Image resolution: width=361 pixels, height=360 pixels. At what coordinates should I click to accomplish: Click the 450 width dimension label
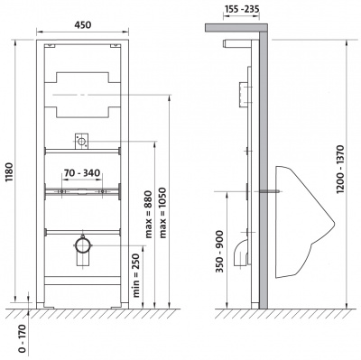point(82,25)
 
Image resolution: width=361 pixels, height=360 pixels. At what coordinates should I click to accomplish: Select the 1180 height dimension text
point(9,172)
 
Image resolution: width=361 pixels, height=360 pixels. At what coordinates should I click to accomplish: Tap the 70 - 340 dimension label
point(82,173)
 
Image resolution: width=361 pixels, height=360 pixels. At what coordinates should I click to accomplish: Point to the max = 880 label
point(149,214)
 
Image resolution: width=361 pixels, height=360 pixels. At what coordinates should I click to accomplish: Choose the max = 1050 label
point(162,213)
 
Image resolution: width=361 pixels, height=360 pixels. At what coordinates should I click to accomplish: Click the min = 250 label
point(136,276)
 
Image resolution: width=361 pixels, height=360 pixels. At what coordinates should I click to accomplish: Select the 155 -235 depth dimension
point(241,9)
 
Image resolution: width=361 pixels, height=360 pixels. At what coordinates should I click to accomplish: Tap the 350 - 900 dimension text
point(220,252)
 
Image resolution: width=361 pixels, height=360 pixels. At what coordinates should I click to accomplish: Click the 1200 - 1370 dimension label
point(340,170)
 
